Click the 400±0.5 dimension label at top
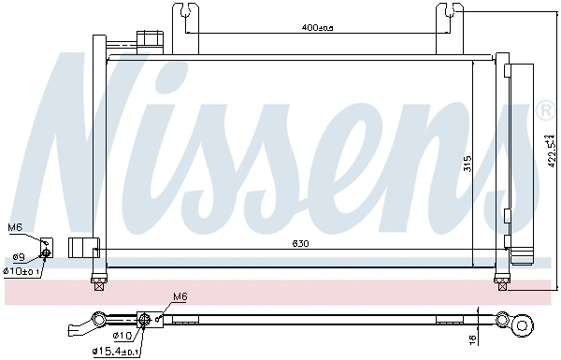[x=318, y=28]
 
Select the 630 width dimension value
[x=300, y=243]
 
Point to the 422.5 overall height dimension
[x=551, y=146]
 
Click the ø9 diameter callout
[x=18, y=256]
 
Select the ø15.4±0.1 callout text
[x=117, y=352]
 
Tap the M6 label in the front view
[x=15, y=227]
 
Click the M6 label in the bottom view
[x=180, y=297]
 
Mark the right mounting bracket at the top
[x=451, y=22]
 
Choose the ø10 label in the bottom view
[x=124, y=336]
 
